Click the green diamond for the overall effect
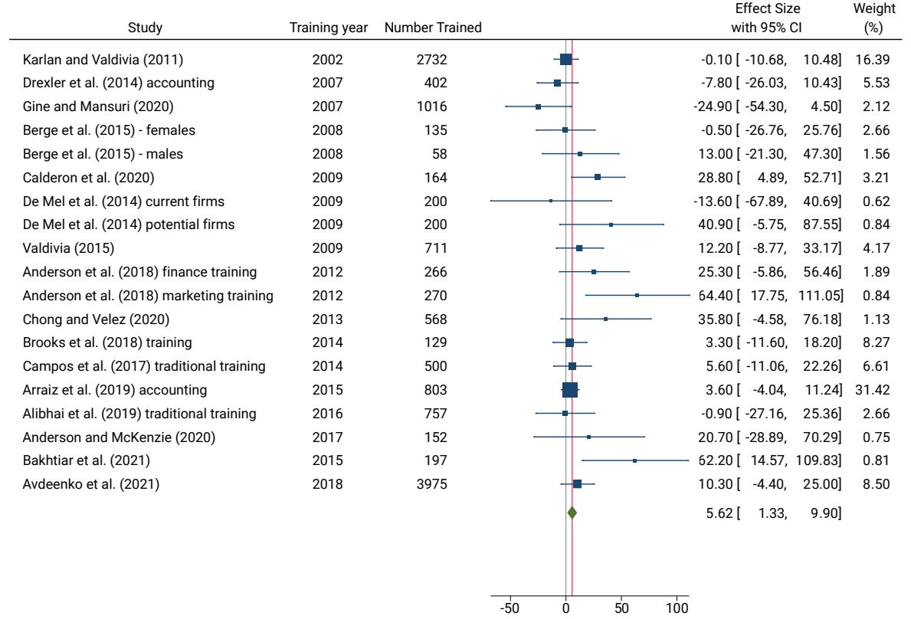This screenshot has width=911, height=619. [x=572, y=513]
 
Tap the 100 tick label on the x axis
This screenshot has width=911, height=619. [x=677, y=608]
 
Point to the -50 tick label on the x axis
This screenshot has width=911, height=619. [x=510, y=608]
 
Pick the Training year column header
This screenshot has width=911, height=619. [x=329, y=28]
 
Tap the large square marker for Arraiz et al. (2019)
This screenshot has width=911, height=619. [x=570, y=390]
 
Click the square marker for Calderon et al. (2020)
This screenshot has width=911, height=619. [x=598, y=178]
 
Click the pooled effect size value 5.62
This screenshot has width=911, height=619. [x=719, y=513]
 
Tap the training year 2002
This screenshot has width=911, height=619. [x=329, y=60]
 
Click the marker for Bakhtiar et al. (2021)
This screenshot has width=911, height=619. [x=634, y=460]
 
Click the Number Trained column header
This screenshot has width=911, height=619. [x=433, y=28]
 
